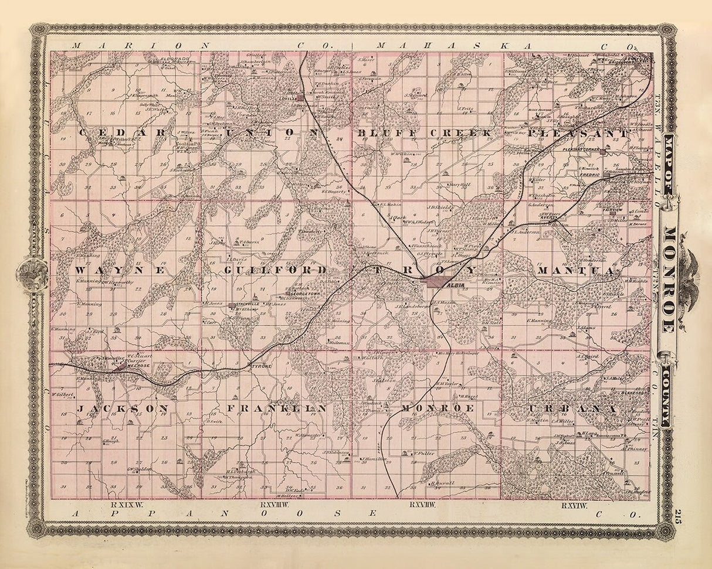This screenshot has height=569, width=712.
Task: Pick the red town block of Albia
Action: tap(437, 282)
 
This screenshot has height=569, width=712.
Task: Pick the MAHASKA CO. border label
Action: tap(504, 45)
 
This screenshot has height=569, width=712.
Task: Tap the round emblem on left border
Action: tap(29, 272)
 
